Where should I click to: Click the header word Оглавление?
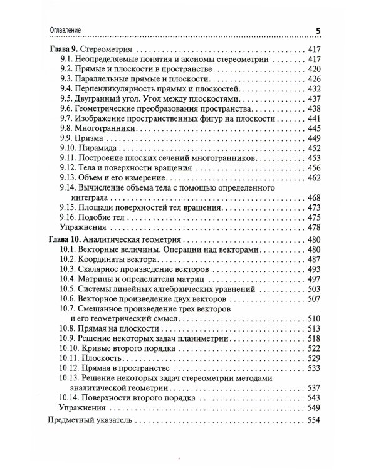coord(65,30)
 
